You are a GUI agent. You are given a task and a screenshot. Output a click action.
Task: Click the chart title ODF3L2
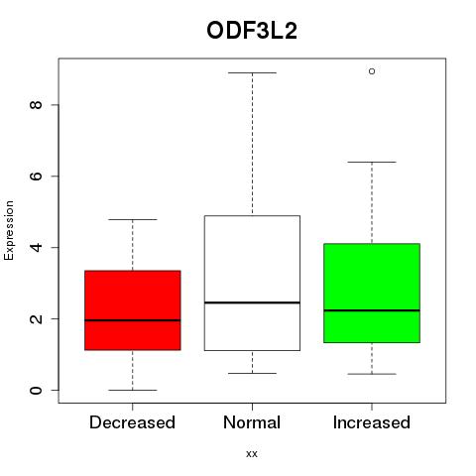[x=252, y=31]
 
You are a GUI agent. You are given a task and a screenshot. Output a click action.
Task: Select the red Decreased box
[x=133, y=310]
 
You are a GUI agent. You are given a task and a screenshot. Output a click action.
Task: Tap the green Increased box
[x=372, y=293]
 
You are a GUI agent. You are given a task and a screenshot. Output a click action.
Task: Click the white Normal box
[x=252, y=283]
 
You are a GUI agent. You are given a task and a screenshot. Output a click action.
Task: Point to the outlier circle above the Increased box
[x=372, y=71]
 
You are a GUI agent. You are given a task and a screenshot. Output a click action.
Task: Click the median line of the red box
[x=133, y=320]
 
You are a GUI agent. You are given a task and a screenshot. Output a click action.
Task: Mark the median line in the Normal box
[x=252, y=302]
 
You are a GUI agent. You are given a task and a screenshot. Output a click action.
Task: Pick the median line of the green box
[x=372, y=310]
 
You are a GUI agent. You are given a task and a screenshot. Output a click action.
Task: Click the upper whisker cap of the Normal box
[x=252, y=72]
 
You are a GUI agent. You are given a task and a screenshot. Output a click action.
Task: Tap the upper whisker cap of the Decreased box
[x=133, y=219]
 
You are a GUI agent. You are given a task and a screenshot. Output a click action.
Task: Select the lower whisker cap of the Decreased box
[x=133, y=390]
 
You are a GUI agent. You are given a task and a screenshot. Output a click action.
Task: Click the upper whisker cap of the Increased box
[x=372, y=162]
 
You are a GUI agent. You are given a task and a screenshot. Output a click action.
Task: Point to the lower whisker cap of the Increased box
[x=372, y=374]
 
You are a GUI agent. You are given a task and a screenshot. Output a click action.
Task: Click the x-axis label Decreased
[x=132, y=422]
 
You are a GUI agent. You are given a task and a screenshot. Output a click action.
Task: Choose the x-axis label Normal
[x=252, y=422]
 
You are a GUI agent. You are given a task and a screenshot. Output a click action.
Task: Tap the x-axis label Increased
[x=372, y=422]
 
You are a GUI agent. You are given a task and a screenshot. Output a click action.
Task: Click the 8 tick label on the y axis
[x=36, y=105]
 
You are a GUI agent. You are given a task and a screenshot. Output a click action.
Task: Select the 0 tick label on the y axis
[x=36, y=390]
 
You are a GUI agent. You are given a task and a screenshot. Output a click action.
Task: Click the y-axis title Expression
[x=9, y=230]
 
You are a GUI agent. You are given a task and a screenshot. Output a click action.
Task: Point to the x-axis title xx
[x=252, y=454]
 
